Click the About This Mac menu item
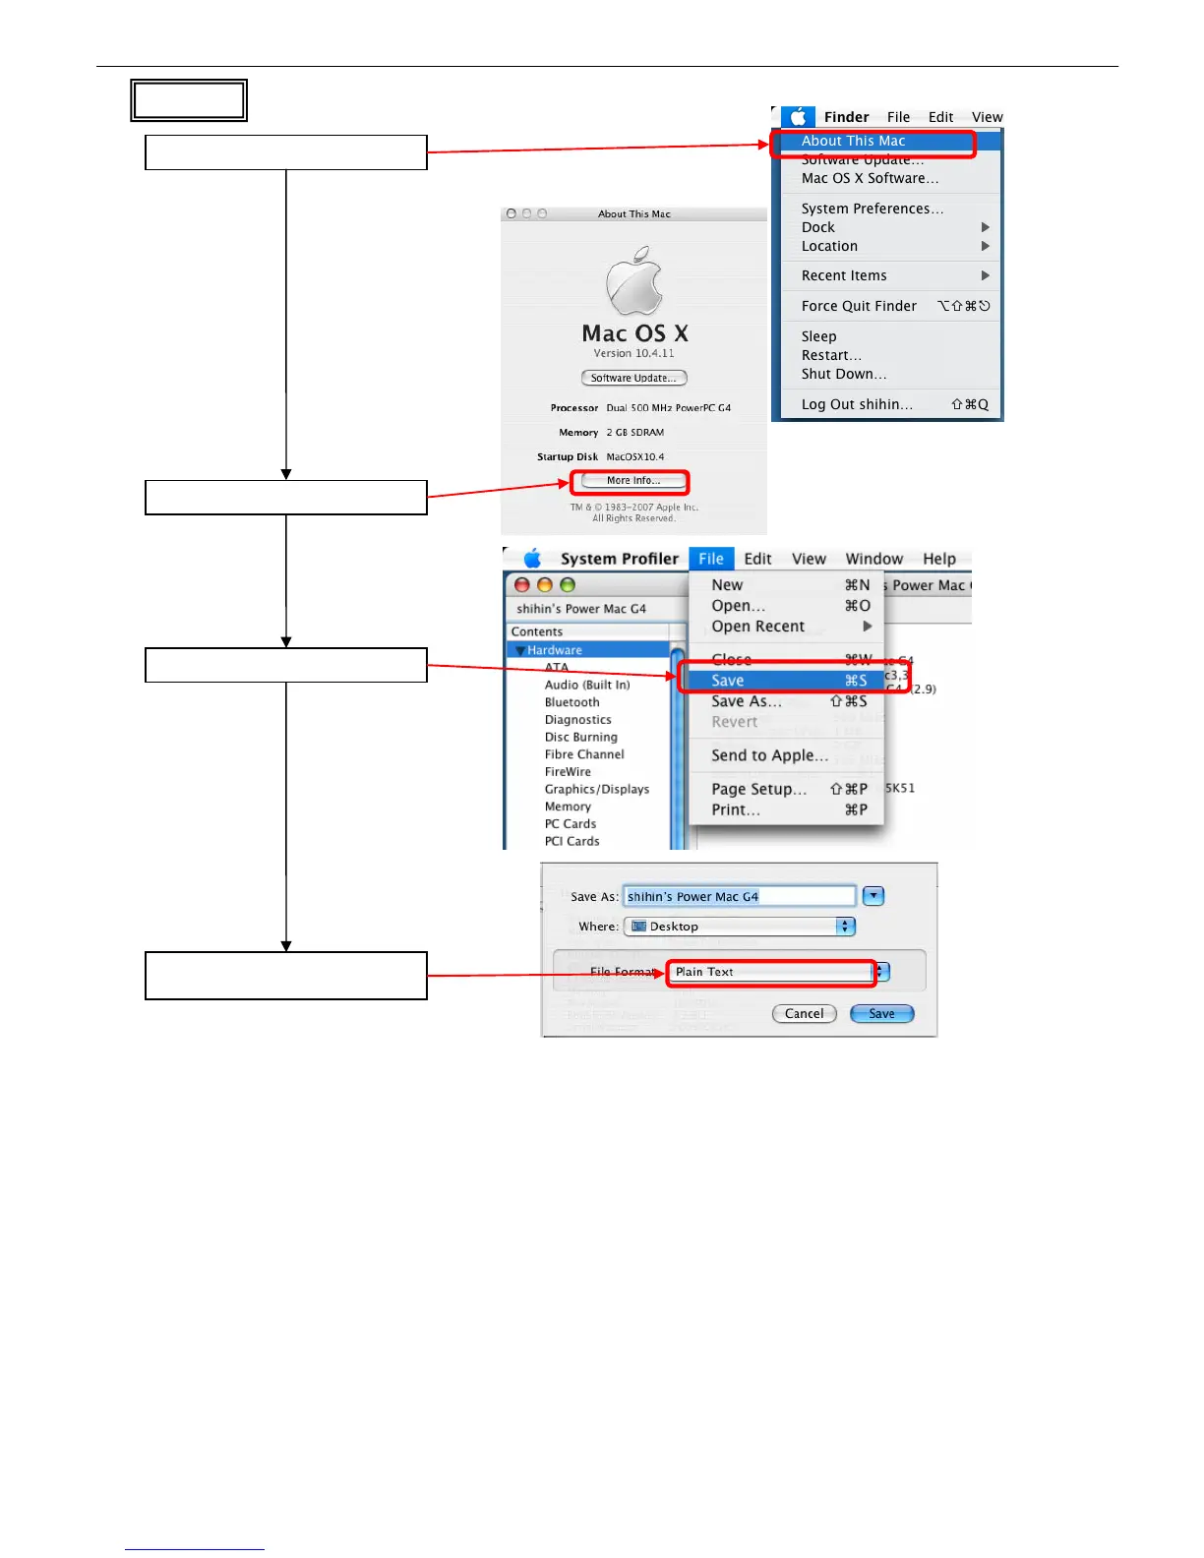point(853,142)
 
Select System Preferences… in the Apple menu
point(872,209)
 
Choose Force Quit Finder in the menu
point(859,306)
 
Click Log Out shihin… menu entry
point(857,404)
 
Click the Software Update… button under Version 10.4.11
point(633,378)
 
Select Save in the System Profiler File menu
point(728,681)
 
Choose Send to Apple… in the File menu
point(769,755)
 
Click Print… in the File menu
point(736,809)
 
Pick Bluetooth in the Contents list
point(572,702)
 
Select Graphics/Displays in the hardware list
point(597,789)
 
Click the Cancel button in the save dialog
point(804,1013)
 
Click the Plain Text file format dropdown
point(777,972)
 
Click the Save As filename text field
point(739,896)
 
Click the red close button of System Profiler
point(522,585)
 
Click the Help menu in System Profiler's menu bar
point(938,559)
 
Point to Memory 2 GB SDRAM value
point(634,433)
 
